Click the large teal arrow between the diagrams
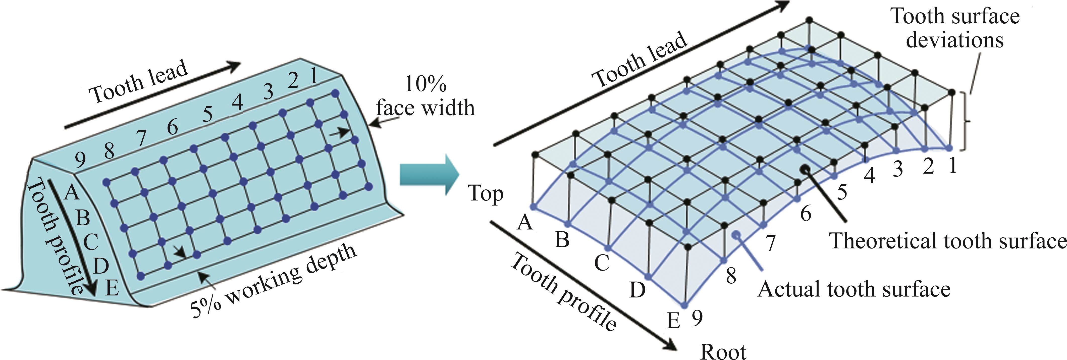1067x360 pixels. pyautogui.click(x=429, y=174)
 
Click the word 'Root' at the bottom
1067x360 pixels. pyautogui.click(x=723, y=352)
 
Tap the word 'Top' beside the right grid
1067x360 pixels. pyautogui.click(x=486, y=193)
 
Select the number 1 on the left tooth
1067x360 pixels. pyautogui.click(x=313, y=76)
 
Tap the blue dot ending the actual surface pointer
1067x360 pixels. pyautogui.click(x=736, y=234)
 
